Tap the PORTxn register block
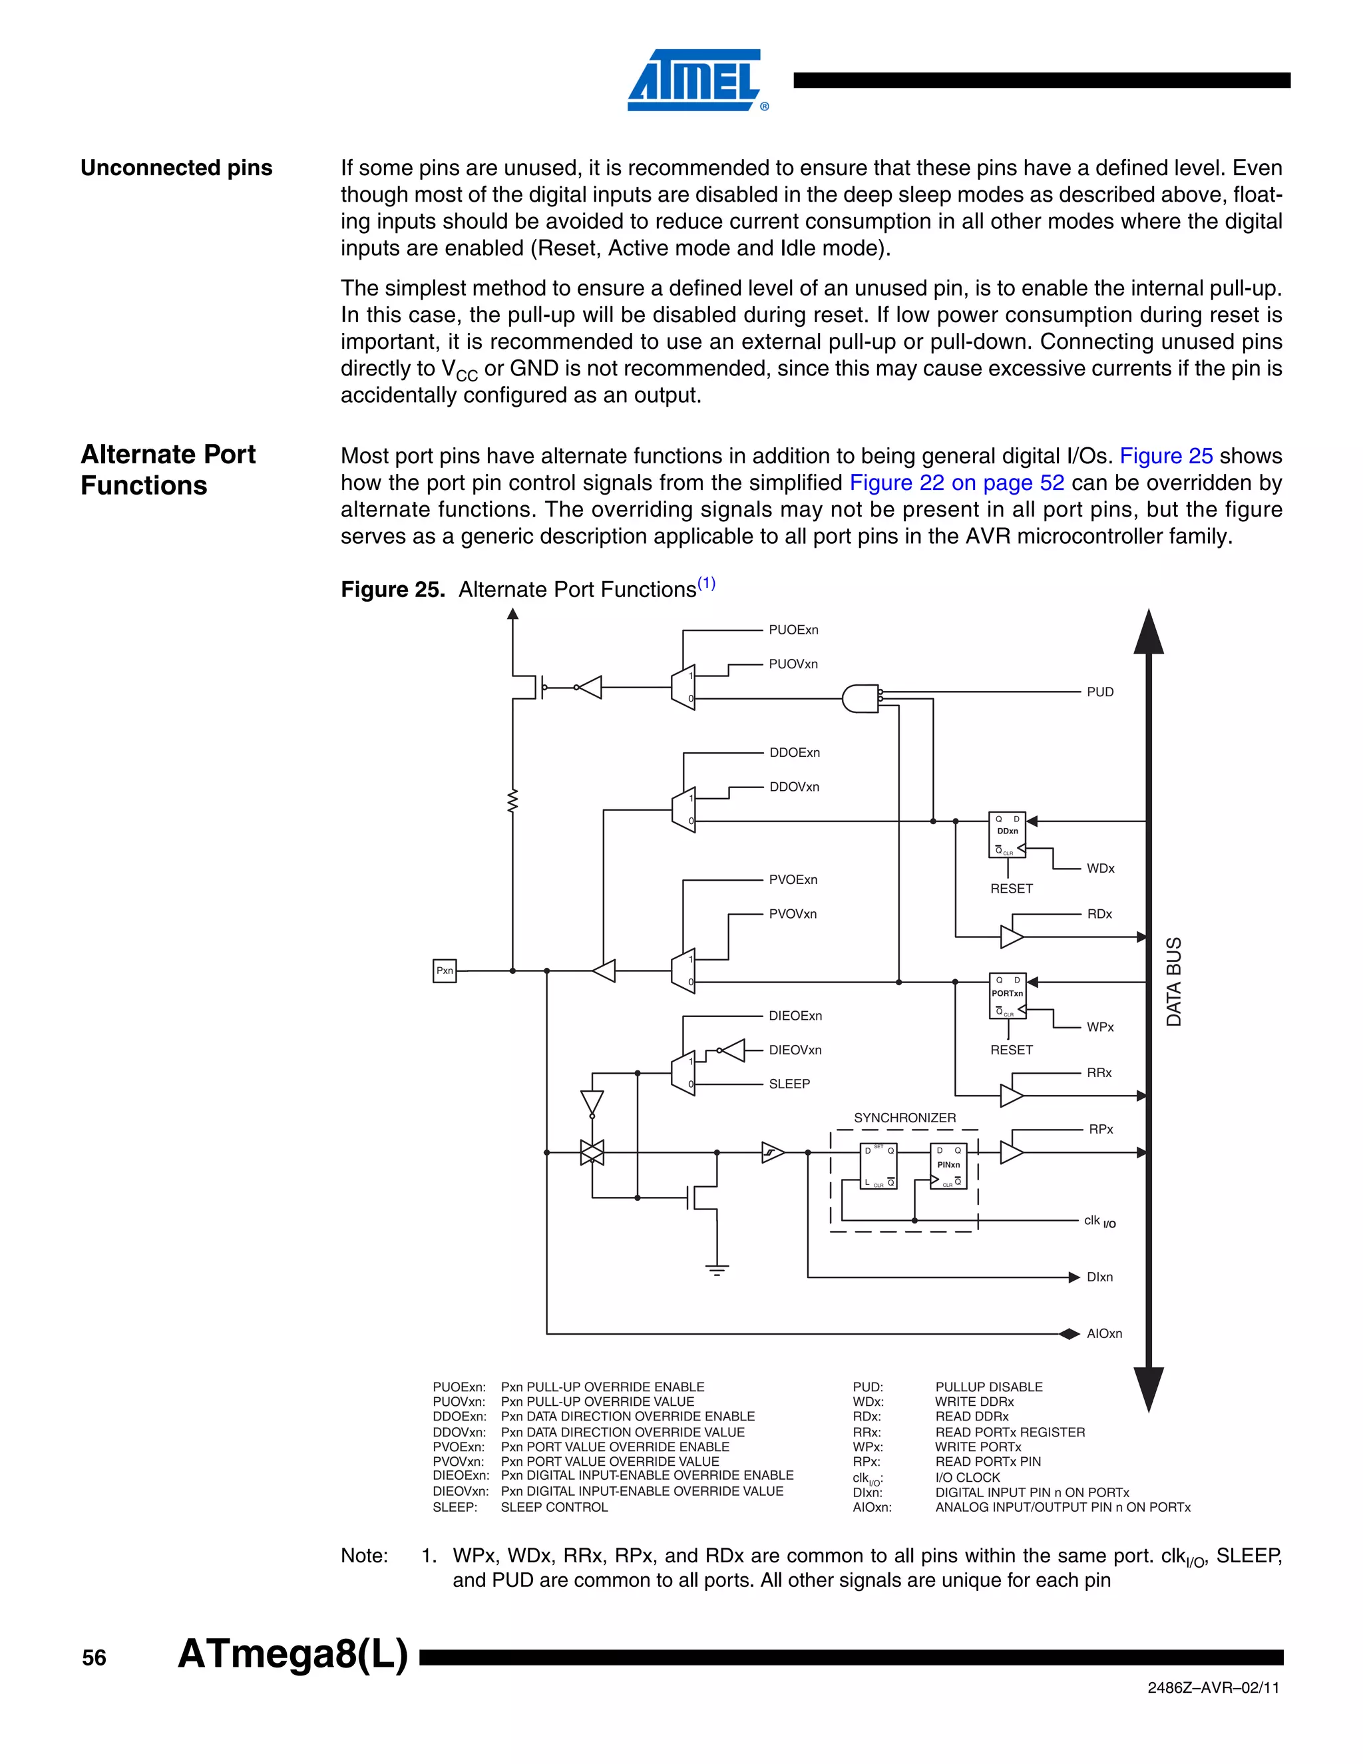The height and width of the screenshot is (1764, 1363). pyautogui.click(x=1007, y=996)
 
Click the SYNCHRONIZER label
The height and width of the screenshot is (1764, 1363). pyautogui.click(x=904, y=1118)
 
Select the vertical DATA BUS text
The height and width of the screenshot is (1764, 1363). pyautogui.click(x=1174, y=981)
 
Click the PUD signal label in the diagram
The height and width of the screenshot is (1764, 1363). pyautogui.click(x=1099, y=692)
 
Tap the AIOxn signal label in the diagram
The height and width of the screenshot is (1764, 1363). pyautogui.click(x=1104, y=1333)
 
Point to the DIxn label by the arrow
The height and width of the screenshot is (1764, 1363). pyautogui.click(x=1099, y=1277)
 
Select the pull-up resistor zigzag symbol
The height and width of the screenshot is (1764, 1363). pyautogui.click(x=512, y=802)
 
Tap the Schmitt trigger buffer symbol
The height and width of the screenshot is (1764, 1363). pyautogui.click(x=773, y=1152)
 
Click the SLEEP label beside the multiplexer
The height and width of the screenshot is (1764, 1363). pyautogui.click(x=789, y=1084)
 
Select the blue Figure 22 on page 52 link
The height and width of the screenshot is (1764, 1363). pyautogui.click(x=957, y=483)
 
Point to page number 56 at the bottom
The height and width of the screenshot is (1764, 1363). pyautogui.click(x=95, y=1658)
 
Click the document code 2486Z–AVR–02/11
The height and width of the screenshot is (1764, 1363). pyautogui.click(x=1213, y=1687)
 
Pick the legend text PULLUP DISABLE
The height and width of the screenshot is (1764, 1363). pyautogui.click(x=988, y=1387)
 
